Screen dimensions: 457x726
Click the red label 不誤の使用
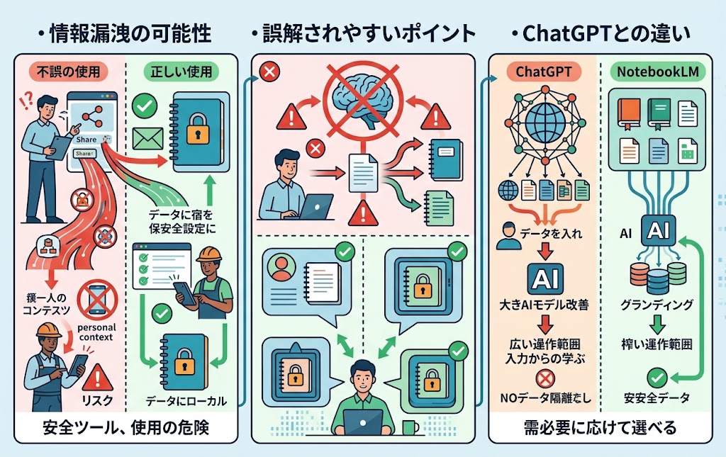(67, 72)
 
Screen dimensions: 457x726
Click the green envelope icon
(148, 137)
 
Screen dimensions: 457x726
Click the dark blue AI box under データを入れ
(544, 278)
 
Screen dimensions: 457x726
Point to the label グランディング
(656, 305)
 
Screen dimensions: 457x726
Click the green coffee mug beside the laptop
(410, 427)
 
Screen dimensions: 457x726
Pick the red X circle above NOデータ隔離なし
(544, 378)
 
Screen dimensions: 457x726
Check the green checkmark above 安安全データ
(656, 376)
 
